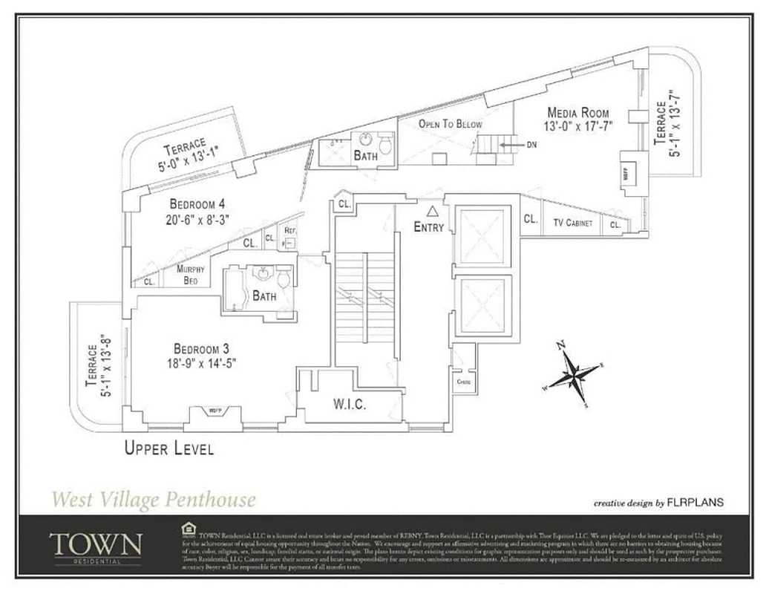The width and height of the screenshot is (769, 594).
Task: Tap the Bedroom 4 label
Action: click(197, 204)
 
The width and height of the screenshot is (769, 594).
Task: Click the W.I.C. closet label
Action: click(350, 405)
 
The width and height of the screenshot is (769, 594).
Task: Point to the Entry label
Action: click(428, 227)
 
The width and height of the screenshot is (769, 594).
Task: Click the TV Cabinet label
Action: click(572, 223)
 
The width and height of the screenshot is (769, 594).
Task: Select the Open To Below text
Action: click(450, 124)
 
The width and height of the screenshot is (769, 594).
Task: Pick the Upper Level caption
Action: click(169, 448)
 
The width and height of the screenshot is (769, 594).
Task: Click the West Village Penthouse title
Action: click(154, 500)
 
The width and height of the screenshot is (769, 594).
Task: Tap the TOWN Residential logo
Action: click(95, 546)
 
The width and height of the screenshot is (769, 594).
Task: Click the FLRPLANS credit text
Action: click(696, 503)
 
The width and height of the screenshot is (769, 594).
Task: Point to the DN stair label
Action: click(531, 145)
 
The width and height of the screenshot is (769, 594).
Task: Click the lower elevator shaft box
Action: click(482, 305)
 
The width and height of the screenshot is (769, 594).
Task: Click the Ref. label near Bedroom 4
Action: click(290, 230)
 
